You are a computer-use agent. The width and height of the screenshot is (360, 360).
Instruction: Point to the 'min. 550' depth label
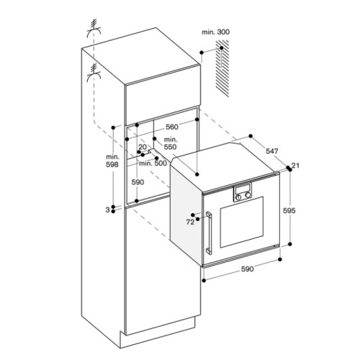tap(170, 143)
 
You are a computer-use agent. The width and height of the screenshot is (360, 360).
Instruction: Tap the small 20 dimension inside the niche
tap(142, 147)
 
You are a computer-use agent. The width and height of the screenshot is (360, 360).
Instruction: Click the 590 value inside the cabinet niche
tap(138, 183)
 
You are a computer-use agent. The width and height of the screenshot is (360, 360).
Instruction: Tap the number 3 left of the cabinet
tap(107, 210)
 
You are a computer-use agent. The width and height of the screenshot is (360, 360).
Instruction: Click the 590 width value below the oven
tap(247, 269)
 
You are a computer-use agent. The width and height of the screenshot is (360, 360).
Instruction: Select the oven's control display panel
tap(243, 193)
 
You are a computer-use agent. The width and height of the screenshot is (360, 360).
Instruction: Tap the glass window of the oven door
tap(243, 227)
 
